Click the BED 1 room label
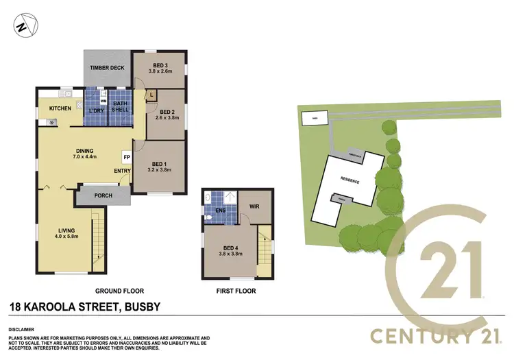pos(160,163)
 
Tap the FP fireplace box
pos(127,156)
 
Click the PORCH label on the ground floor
pos(103,196)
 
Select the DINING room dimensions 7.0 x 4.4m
pos(86,157)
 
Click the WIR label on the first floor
pos(254,205)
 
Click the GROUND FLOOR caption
pos(118,291)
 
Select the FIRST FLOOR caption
pos(236,291)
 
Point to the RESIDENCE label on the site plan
pos(350,181)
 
